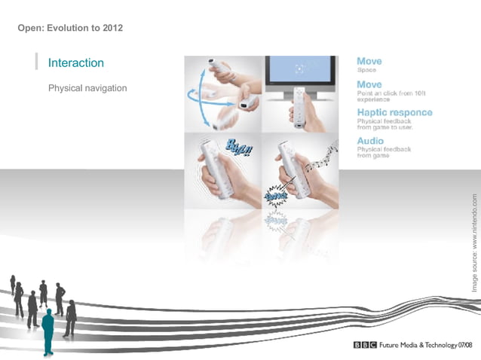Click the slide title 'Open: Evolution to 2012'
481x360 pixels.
click(x=70, y=29)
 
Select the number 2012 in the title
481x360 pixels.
click(x=111, y=29)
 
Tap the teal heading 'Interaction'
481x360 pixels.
click(x=75, y=63)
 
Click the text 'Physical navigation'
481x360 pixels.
click(x=87, y=88)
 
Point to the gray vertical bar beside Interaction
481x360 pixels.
click(x=36, y=62)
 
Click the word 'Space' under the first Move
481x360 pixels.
click(x=367, y=70)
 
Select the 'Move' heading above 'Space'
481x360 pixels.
click(x=369, y=61)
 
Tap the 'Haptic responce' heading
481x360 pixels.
click(x=394, y=112)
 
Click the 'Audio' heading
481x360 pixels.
click(x=370, y=141)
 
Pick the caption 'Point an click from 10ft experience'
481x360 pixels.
click(x=385, y=96)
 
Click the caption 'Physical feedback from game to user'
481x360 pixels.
click(x=384, y=124)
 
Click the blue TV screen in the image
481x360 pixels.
click(x=300, y=69)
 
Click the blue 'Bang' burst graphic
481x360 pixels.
click(x=275, y=197)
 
